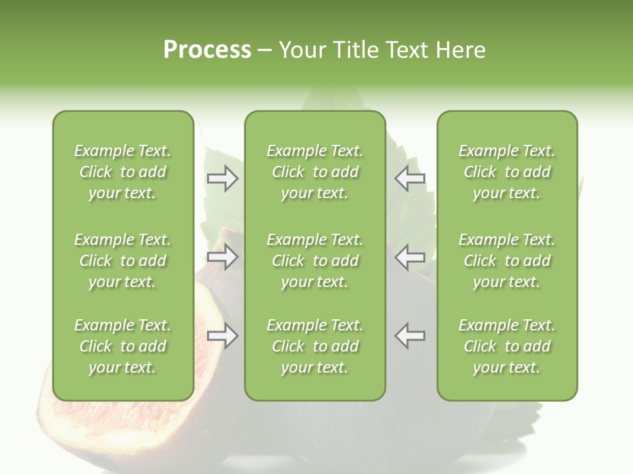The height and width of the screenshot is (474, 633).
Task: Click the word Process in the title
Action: coord(207,50)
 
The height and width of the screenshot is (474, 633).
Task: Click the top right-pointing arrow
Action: coord(223,178)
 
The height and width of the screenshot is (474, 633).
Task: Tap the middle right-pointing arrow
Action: coord(223,257)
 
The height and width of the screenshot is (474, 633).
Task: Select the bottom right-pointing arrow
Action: coord(223,336)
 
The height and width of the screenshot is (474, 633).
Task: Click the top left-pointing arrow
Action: coord(410,178)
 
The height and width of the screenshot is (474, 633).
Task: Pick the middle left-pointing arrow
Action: coord(410,257)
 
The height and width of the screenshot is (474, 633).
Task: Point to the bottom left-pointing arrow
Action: coord(410,336)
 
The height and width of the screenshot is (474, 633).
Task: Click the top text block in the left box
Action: coord(123,172)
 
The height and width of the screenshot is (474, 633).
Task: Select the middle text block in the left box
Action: coord(123,261)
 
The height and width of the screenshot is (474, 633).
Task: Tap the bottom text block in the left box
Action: coord(123,346)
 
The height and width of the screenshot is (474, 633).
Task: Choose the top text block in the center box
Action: coord(315,172)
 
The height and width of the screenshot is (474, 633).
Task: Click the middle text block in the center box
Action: coord(315,261)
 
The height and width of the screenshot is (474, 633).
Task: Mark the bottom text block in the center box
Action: coord(315,346)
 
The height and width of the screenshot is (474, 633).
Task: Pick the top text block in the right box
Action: coord(506,172)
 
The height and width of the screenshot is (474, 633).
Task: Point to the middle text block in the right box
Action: coord(506,261)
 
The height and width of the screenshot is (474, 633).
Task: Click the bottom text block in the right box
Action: coord(506,346)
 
